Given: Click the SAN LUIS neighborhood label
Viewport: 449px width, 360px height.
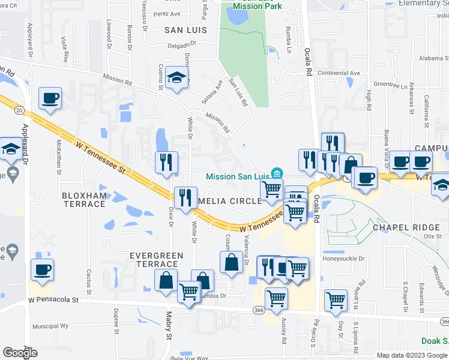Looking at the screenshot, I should pos(185,29).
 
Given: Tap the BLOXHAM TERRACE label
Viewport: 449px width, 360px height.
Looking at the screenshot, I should pos(83,200).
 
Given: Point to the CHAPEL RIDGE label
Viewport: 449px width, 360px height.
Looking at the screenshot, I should pos(407,227).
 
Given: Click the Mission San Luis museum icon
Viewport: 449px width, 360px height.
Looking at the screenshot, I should pos(277,173).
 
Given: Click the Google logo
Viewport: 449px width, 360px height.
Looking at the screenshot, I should pos(20,353).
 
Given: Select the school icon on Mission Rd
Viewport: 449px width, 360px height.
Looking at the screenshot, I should pos(177,79).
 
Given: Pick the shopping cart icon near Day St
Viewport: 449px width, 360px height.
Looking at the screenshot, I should pos(336,300).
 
